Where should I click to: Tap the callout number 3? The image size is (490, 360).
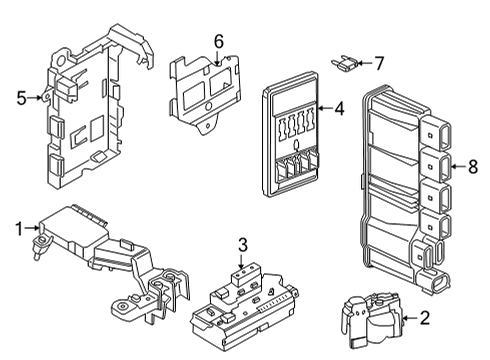[x=242, y=244]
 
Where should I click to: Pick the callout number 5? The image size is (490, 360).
[x=21, y=97]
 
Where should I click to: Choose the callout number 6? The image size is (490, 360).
[x=218, y=41]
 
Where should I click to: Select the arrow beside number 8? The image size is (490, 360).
[x=457, y=166]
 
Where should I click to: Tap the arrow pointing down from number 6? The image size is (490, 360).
[x=218, y=58]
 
